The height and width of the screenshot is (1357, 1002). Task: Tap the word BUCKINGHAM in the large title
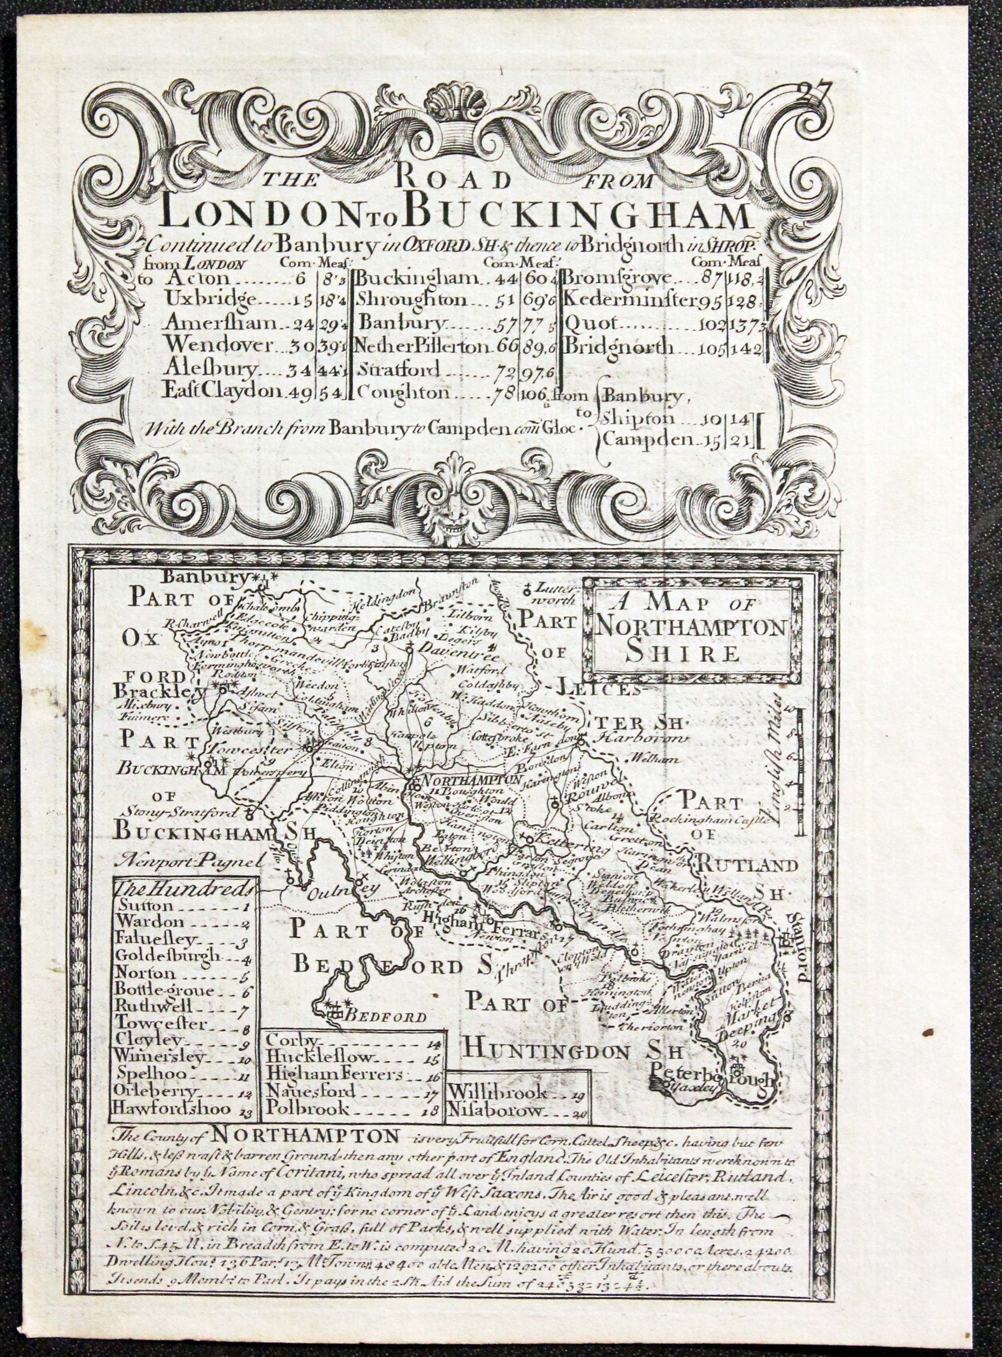coord(579,217)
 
